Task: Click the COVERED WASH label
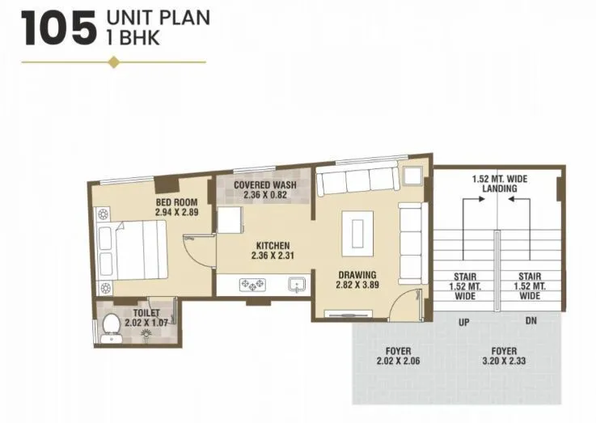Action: click(x=264, y=184)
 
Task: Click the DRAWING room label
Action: click(x=357, y=274)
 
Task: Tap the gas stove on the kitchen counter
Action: click(x=253, y=285)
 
